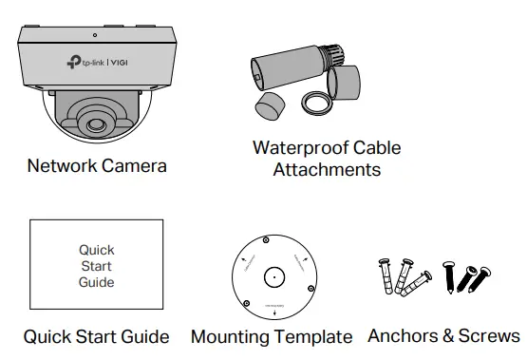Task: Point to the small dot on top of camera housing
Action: [x=94, y=35]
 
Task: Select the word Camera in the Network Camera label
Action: [x=136, y=166]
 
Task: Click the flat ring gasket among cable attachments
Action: [x=315, y=101]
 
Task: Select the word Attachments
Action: [x=327, y=170]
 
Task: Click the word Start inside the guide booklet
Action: [x=97, y=266]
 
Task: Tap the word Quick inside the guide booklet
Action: [x=97, y=251]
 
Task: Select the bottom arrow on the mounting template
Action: [x=273, y=312]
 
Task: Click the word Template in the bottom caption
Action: [x=311, y=337]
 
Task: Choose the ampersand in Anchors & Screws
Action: [x=445, y=336]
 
